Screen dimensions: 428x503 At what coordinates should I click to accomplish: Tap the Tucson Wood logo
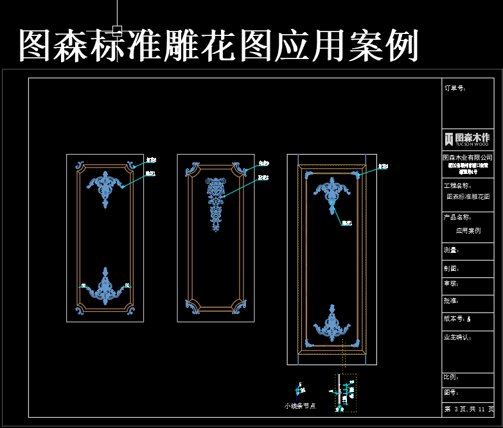468,139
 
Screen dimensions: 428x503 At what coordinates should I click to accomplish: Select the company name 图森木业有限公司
468,157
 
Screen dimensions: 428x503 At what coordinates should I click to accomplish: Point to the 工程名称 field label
458,185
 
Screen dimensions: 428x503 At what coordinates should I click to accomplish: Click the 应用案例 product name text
468,230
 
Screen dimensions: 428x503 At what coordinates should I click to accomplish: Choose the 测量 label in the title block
452,250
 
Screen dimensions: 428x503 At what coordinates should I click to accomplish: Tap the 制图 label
452,269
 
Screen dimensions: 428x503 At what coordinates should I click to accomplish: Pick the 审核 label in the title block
452,284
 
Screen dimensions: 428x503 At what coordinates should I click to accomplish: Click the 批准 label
452,300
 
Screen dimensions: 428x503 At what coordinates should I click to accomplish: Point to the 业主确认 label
458,337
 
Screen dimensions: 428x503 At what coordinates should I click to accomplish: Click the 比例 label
452,377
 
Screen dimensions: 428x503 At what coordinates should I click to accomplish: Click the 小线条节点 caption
300,406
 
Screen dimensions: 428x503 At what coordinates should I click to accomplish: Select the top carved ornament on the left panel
105,186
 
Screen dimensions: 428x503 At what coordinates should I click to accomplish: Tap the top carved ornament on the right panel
331,194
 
